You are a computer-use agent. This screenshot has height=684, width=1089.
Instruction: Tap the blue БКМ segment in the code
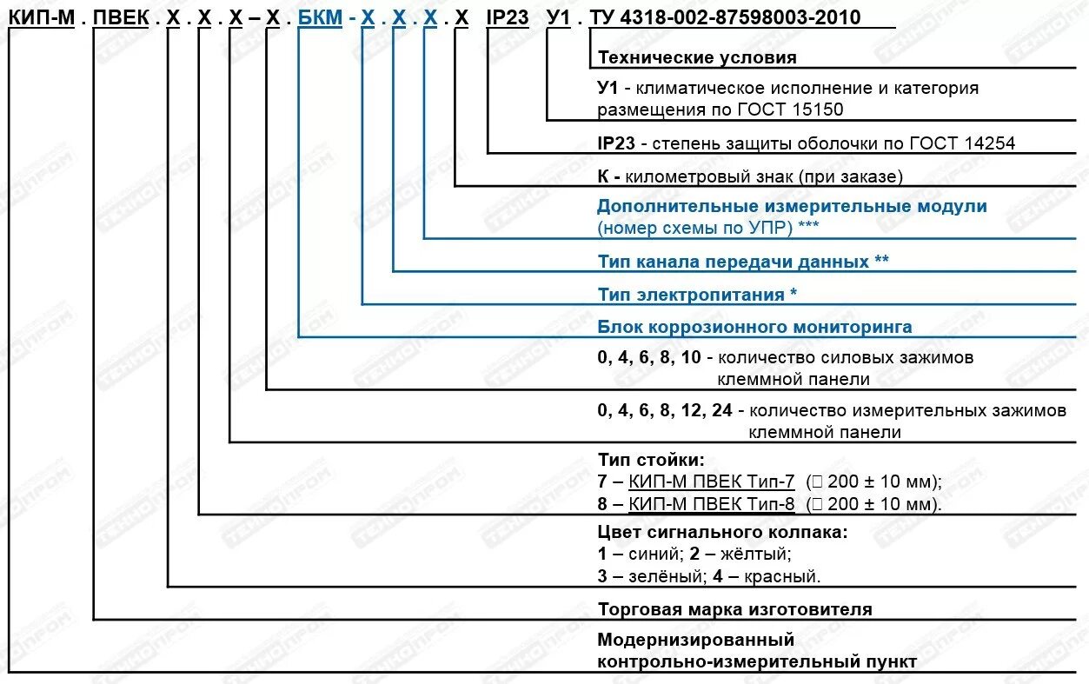[x=319, y=17]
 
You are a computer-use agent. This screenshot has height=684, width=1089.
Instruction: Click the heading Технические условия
[x=697, y=58]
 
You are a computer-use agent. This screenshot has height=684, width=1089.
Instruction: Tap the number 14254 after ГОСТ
[x=988, y=143]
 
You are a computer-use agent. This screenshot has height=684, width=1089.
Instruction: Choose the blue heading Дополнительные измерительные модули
[x=792, y=207]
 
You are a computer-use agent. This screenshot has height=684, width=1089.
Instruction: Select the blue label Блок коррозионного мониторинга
[x=754, y=328]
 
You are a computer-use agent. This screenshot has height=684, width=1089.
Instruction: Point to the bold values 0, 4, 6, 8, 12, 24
[x=665, y=411]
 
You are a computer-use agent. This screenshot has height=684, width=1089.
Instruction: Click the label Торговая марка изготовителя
[x=734, y=610]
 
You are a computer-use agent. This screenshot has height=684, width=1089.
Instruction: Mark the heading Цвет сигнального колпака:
[x=721, y=532]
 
